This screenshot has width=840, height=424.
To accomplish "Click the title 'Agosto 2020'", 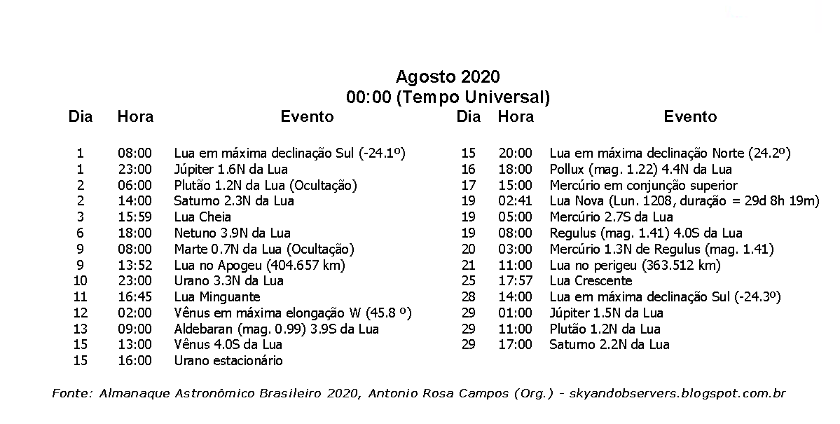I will (x=448, y=76).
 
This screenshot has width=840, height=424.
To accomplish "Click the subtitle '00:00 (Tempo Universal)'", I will (x=448, y=97).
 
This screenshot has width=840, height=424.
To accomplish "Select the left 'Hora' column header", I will (x=135, y=117).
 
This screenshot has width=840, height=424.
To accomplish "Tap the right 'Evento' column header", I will (x=690, y=117).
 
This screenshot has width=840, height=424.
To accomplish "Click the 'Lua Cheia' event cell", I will (x=202, y=217).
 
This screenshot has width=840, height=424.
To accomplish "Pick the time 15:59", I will (x=135, y=217).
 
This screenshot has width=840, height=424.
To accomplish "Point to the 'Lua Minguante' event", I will (x=217, y=297).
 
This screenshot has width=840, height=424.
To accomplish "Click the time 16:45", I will (x=135, y=297).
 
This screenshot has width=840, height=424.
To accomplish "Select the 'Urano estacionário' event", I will (x=228, y=361).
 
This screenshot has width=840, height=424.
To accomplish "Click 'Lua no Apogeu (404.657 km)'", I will (x=260, y=265).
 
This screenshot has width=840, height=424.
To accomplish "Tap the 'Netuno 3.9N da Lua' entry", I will (x=232, y=233).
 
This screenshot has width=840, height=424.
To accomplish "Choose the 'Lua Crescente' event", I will (x=591, y=281).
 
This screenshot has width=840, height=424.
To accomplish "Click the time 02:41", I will (x=515, y=201).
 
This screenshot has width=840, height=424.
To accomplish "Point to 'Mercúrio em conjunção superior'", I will (x=643, y=185).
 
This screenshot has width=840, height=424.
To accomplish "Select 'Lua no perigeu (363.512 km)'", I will (x=635, y=265).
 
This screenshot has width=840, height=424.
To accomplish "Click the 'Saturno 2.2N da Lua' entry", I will (x=609, y=345).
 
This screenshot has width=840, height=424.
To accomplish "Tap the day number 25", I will (x=468, y=281).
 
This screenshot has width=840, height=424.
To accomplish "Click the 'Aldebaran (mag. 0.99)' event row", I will (x=276, y=329).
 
